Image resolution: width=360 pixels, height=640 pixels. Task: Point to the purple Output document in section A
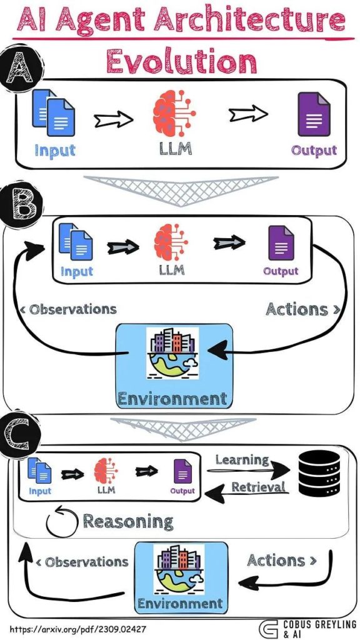click(314, 114)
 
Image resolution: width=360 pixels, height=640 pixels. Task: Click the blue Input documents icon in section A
click(53, 112)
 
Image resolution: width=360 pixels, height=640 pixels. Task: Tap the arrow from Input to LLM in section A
click(114, 119)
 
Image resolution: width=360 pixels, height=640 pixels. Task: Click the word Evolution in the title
click(182, 61)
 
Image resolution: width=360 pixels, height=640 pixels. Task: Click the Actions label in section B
click(303, 309)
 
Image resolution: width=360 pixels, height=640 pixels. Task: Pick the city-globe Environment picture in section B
click(172, 352)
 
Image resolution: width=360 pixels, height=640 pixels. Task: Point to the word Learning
click(242, 461)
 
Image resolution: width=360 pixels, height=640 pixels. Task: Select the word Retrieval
click(258, 487)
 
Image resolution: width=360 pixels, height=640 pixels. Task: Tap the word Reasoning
click(128, 521)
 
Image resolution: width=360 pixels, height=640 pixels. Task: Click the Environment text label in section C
click(180, 603)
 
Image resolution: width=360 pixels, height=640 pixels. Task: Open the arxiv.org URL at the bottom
click(77, 629)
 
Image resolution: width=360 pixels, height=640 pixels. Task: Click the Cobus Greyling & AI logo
click(307, 629)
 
